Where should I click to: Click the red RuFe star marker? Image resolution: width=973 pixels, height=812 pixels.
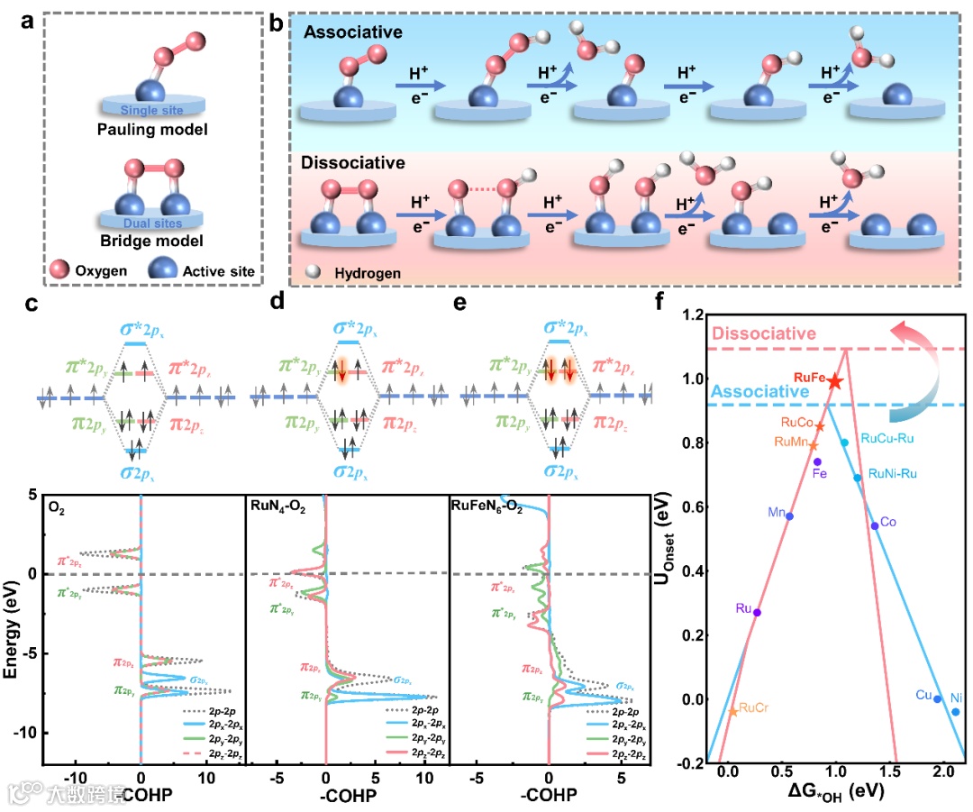pos(835,381)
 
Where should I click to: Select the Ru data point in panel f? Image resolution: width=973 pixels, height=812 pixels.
pos(757,612)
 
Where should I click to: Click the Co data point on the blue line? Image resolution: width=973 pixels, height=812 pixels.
pos(874,525)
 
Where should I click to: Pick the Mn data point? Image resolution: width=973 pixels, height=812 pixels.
pos(789,515)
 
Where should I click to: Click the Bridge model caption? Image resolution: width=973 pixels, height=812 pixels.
pos(151,241)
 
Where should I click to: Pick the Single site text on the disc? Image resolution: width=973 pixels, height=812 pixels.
pos(151,110)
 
